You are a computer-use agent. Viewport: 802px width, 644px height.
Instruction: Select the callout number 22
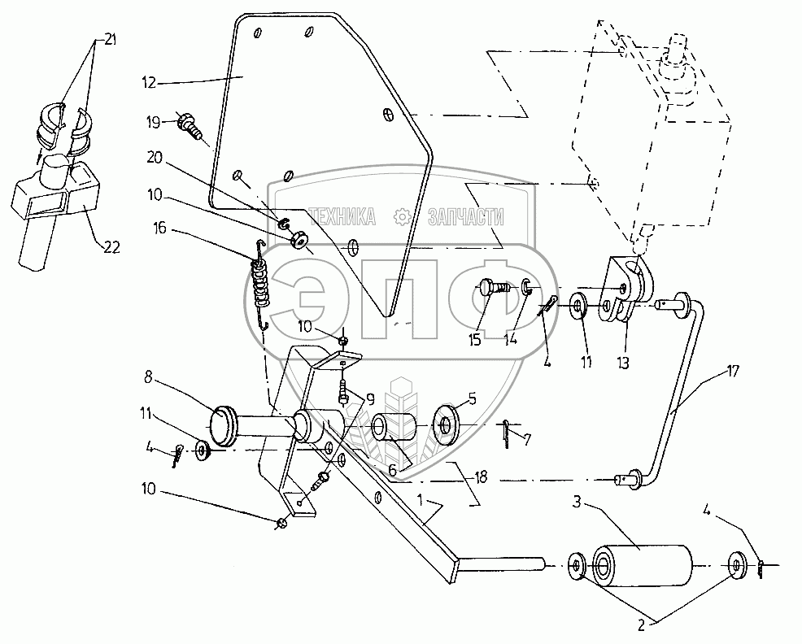[111, 248]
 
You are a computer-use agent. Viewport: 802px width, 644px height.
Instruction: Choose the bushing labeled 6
[392, 429]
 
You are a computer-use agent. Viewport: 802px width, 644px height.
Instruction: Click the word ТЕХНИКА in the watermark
[342, 217]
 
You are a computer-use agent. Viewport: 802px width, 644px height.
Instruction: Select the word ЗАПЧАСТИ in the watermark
[464, 217]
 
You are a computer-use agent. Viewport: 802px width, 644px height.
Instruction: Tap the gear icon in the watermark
[400, 216]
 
